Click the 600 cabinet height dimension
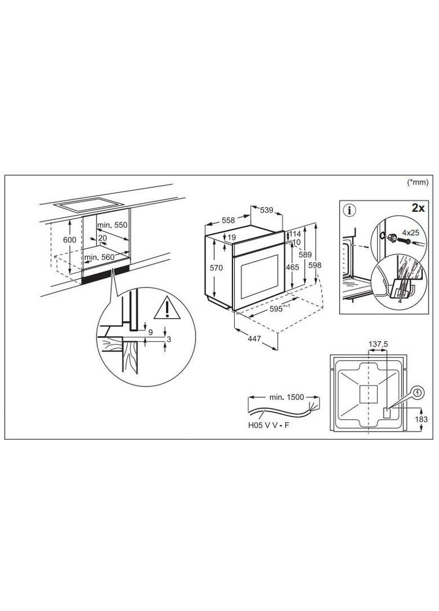[70, 240]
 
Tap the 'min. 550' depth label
[112, 225]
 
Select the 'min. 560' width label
[99, 257]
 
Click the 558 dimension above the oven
[228, 220]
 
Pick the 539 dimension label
[267, 211]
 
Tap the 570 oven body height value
[216, 268]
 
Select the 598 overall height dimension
[315, 265]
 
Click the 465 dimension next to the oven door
[292, 267]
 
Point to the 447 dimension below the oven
[254, 339]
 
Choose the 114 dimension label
[294, 234]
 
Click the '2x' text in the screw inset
[418, 208]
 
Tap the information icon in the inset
[349, 211]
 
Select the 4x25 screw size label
[411, 233]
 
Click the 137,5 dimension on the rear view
[378, 344]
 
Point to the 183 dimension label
[422, 419]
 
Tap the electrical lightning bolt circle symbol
[418, 393]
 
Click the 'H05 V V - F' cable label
[269, 425]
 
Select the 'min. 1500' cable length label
[286, 397]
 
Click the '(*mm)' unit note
[418, 182]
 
